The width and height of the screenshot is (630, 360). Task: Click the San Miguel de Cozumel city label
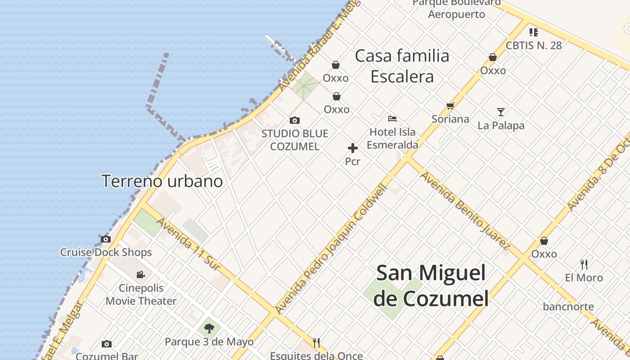431,286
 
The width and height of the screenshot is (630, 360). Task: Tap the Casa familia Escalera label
402,66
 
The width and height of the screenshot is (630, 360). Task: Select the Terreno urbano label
162,181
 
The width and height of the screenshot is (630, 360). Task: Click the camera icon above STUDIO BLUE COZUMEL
295,121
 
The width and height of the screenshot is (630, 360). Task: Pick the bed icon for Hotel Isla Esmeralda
392,119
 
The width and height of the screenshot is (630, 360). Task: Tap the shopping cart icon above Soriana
450,106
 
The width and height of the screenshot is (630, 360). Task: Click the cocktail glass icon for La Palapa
500,112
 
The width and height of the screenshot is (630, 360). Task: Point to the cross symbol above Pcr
353,148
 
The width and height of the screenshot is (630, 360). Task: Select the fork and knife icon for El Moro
584,264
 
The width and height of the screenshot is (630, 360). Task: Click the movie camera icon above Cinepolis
141,274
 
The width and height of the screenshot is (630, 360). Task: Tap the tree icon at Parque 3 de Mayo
209,328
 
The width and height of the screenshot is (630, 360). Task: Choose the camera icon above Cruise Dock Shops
106,239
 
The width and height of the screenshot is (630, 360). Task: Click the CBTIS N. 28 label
534,45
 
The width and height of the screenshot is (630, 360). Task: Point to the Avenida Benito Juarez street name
466,211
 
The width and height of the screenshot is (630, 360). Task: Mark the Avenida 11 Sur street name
189,245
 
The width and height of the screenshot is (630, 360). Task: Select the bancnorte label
568,307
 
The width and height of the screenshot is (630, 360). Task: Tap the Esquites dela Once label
316,355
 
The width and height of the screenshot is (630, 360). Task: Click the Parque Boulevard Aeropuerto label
456,9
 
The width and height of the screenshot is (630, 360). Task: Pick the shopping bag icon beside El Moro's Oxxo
544,241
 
